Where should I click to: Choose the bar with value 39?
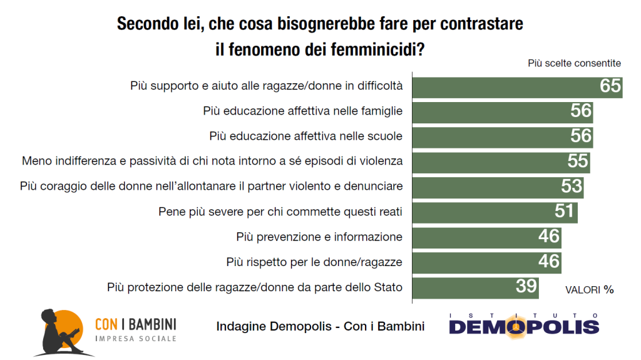click(x=463, y=286)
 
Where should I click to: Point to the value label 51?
click(x=565, y=211)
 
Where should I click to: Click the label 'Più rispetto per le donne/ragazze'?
click(x=314, y=262)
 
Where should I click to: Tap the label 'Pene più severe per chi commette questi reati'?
click(x=280, y=212)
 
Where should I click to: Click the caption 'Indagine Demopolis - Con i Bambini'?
click(x=320, y=326)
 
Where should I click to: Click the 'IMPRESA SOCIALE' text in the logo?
click(x=135, y=339)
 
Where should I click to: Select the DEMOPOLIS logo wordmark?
click(x=523, y=327)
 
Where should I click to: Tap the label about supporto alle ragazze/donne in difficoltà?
click(x=266, y=86)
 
